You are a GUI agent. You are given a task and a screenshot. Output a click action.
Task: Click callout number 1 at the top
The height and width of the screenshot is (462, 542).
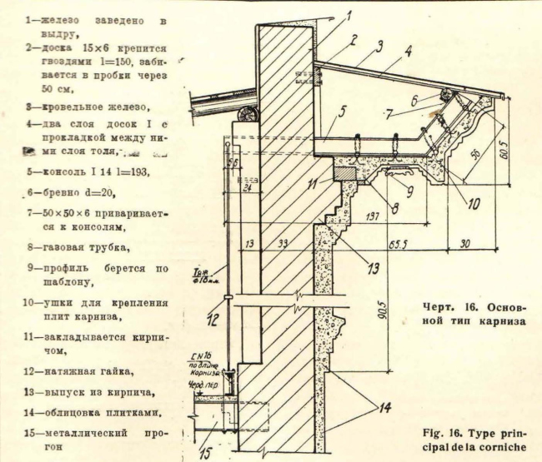[349, 14]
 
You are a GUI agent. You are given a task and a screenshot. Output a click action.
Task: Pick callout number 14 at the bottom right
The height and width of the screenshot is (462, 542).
[384, 409]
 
